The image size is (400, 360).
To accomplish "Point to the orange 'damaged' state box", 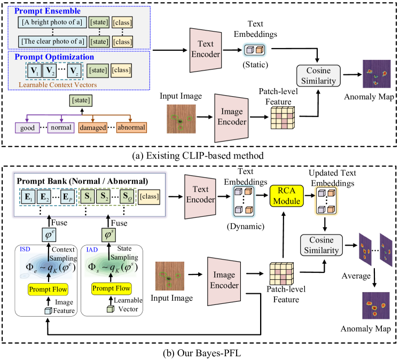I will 92,128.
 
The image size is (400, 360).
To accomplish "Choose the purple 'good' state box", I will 27,128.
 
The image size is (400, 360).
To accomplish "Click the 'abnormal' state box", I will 131,128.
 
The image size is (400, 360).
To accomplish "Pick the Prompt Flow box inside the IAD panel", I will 111,289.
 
